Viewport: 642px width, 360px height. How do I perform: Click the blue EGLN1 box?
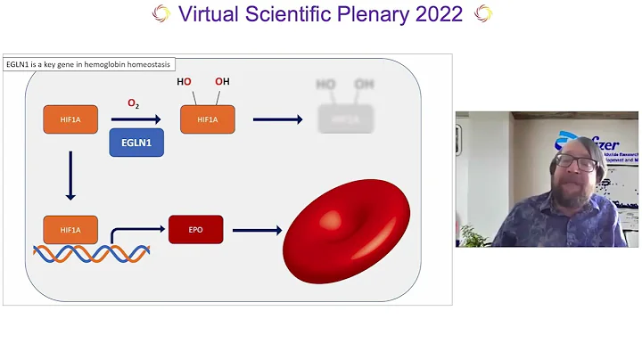click(136, 143)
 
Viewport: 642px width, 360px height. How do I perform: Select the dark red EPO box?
click(195, 230)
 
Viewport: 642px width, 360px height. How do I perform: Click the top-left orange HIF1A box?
click(70, 119)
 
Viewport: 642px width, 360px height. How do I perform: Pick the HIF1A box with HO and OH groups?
click(208, 119)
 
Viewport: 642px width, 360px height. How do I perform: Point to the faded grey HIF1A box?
click(345, 119)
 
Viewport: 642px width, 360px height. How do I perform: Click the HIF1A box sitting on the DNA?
click(70, 230)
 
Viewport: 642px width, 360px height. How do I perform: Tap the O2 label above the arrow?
click(133, 104)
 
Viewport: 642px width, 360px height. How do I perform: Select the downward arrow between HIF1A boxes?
click(70, 174)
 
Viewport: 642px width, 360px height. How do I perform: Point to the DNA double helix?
click(91, 253)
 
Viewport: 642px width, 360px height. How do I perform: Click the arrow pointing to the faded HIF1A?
click(279, 119)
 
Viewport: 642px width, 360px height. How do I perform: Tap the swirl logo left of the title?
click(160, 14)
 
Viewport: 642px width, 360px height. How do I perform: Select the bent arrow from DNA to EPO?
click(134, 233)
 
